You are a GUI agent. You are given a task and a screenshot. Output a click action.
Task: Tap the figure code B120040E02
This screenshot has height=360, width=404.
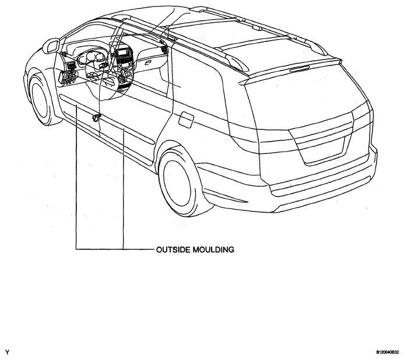click(x=388, y=352)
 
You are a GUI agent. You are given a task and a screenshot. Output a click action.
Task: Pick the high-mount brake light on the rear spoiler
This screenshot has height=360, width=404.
click(x=299, y=69)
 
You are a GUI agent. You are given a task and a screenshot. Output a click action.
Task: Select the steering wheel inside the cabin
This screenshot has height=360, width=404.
click(x=100, y=79)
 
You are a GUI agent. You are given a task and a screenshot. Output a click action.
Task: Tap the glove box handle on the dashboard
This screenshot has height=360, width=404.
click(x=149, y=63)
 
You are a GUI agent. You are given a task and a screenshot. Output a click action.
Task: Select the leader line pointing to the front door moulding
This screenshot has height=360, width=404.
click(x=76, y=177)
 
